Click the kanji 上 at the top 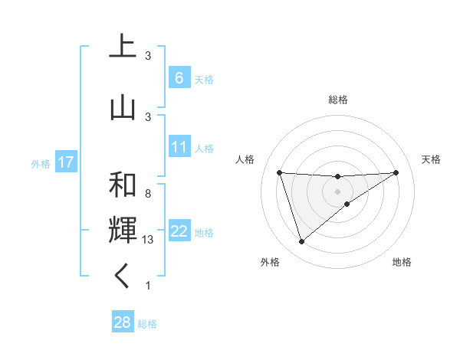pos(123,47)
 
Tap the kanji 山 pos(123,109)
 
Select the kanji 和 pos(123,185)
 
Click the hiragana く pos(123,277)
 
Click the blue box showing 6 pos(179,78)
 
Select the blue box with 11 pos(179,147)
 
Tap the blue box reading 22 pos(179,231)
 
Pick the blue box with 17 pos(65,162)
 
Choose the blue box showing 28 pos(122,322)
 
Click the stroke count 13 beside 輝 pos(149,240)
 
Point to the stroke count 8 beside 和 pos(148,194)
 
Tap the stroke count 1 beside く pos(148,286)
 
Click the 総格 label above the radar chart pos(338,100)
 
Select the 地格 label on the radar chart pos(402,262)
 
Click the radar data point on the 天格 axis pos(396,172)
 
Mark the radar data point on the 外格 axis pos(301,242)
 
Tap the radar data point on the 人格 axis pos(280,172)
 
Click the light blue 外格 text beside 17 pos(41,163)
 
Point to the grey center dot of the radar pos(338,191)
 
